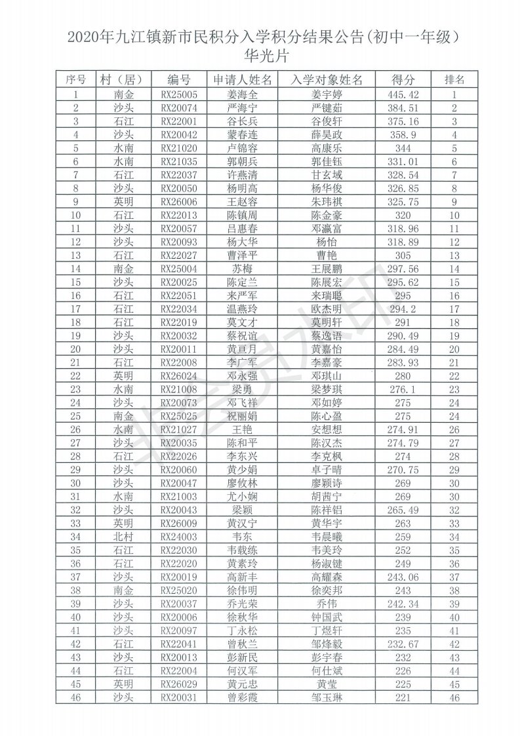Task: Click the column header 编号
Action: tap(179, 79)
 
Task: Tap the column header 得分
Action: tap(403, 79)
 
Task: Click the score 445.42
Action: tap(403, 94)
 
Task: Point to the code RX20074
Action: tap(179, 108)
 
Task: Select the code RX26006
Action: tap(179, 202)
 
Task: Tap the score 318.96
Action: tap(403, 229)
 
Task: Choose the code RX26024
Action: tap(179, 376)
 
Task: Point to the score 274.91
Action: tap(403, 429)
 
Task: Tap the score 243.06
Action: tap(403, 577)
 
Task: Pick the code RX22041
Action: tap(179, 644)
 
